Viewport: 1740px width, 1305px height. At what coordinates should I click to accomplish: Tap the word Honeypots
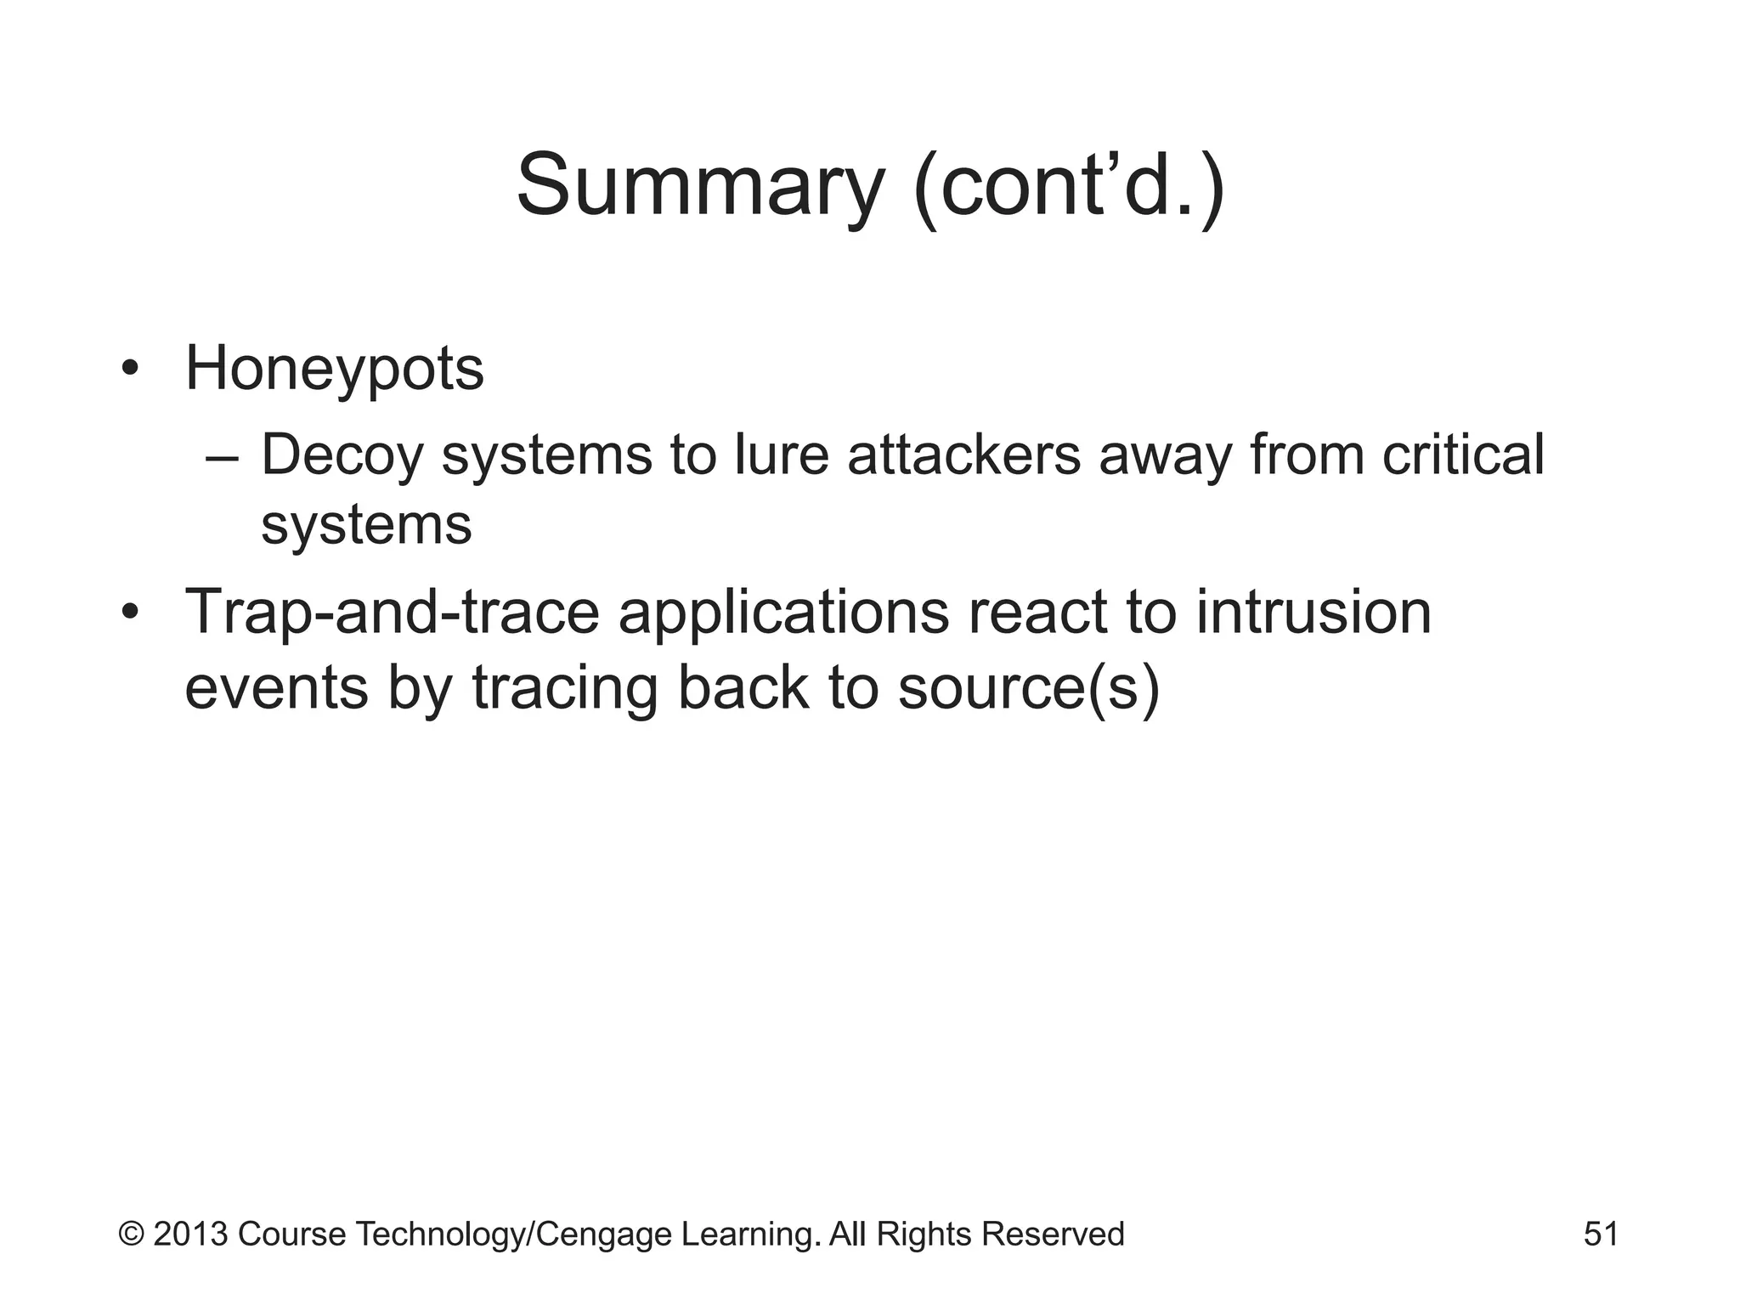(334, 370)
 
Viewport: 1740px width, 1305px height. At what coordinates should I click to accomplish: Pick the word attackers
(963, 455)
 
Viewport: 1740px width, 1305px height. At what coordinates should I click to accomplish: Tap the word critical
(1462, 455)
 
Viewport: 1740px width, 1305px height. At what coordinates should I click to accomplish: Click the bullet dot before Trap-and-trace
(129, 612)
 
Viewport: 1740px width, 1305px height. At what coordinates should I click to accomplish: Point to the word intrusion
(1313, 612)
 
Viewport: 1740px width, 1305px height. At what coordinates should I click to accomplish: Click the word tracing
(565, 688)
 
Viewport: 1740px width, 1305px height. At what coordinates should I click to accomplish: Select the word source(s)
(1028, 688)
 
